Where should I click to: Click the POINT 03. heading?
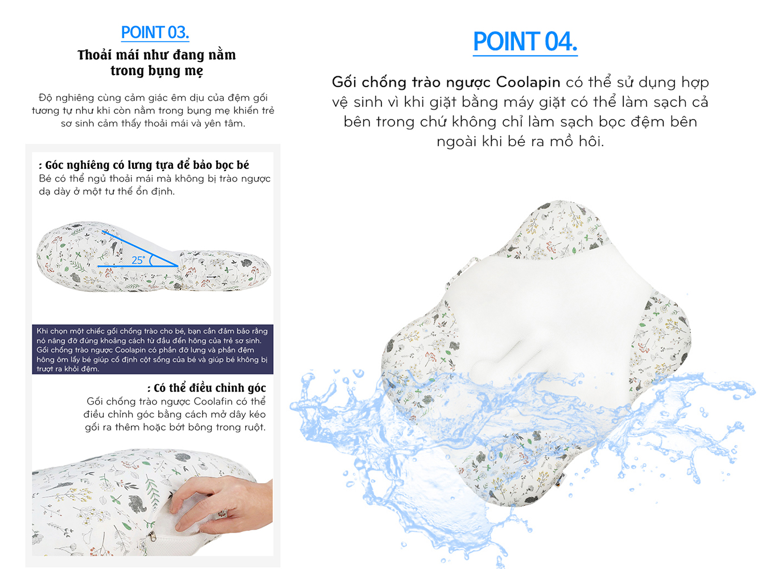[155, 33]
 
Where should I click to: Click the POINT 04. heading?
[525, 42]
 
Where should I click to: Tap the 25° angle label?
[138, 260]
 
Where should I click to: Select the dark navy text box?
[153, 349]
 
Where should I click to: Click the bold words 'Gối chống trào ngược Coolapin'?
[446, 83]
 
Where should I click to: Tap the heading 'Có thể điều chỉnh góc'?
[207, 388]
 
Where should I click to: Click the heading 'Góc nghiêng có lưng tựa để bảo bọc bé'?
[144, 165]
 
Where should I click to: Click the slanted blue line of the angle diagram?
[140, 249]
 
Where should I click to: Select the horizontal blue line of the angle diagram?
[138, 266]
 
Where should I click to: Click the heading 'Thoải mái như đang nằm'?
[157, 55]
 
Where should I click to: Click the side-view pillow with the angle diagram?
[154, 257]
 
